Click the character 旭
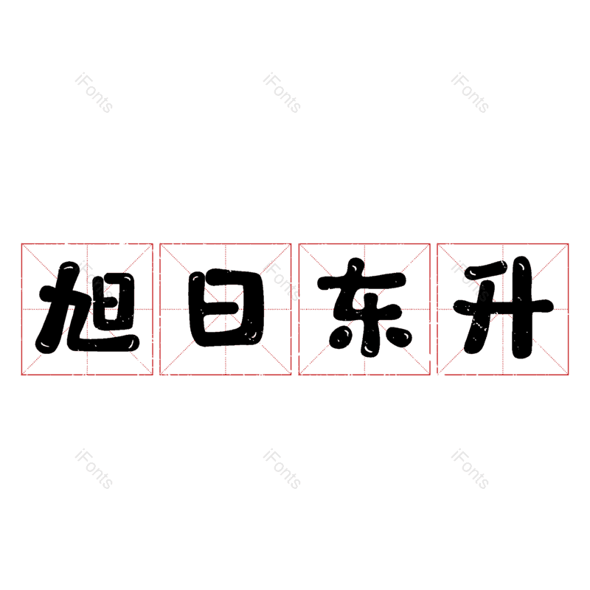(87, 308)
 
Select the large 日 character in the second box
(226, 308)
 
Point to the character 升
(504, 308)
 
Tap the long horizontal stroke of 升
(504, 305)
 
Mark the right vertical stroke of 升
(522, 308)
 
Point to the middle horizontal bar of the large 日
(225, 308)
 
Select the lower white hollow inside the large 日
(225, 324)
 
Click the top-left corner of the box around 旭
(21, 243)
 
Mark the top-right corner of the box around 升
(569, 243)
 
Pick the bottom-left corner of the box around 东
(299, 375)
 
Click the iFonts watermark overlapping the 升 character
(470, 281)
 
